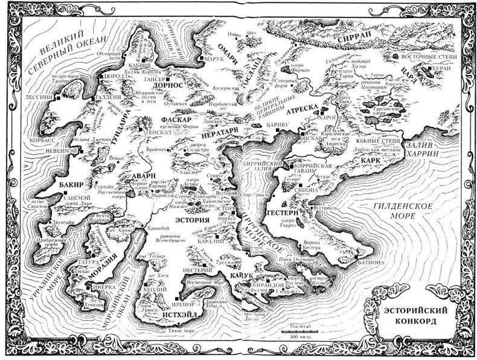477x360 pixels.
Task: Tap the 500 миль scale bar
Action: pyautogui.click(x=295, y=330)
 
